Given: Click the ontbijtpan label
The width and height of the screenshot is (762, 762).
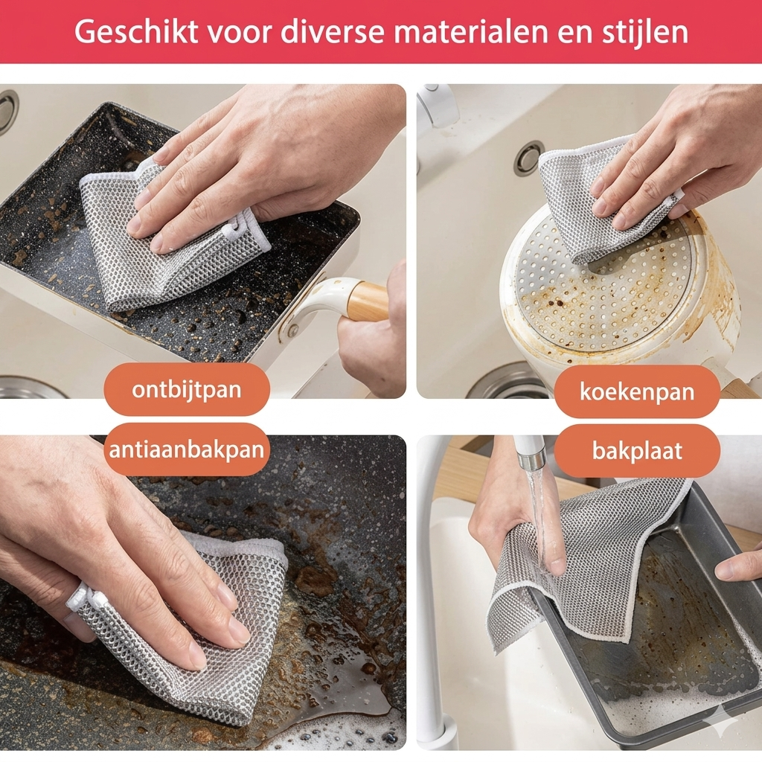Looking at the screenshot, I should [186, 389].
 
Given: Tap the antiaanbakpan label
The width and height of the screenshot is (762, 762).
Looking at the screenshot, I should [186, 450].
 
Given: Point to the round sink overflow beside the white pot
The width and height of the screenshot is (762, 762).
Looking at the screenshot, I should [529, 158].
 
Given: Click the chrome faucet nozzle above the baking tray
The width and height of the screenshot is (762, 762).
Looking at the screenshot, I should [531, 455].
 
